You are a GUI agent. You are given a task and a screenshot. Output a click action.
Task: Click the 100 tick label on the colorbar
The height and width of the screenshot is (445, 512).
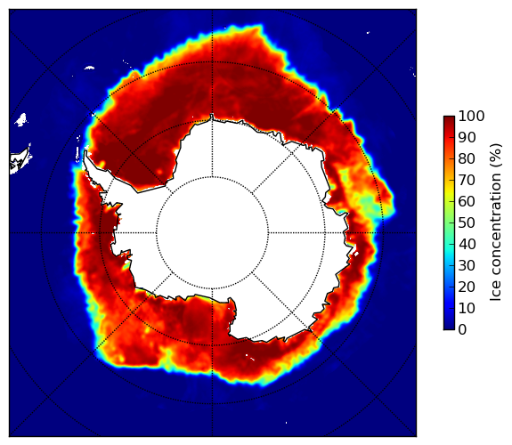[x=471, y=117]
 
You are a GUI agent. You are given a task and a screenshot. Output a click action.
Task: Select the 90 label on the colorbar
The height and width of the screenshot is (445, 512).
[x=467, y=137]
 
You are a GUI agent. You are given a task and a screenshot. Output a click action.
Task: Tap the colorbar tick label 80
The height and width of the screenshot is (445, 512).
[x=467, y=159]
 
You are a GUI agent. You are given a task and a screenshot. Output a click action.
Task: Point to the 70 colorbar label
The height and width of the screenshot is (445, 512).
[x=467, y=180]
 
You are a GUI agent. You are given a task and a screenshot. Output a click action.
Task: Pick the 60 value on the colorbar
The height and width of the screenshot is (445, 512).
[x=467, y=201]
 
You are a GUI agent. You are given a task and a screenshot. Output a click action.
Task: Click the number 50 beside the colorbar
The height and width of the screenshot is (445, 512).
[x=467, y=223]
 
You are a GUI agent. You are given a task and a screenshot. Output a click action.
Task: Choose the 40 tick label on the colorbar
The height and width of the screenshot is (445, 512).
[x=467, y=244]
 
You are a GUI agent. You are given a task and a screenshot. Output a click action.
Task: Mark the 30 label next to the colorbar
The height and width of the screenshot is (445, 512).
[x=467, y=265]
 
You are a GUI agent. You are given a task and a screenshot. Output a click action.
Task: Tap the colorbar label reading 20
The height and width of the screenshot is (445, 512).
[x=467, y=287]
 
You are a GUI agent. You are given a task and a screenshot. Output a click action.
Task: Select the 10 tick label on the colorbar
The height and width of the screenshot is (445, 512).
[x=467, y=308]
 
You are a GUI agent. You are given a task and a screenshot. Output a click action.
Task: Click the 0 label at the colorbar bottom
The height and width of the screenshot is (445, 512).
[x=462, y=330]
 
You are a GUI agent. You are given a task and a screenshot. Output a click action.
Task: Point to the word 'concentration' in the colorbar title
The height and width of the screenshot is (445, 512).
[x=496, y=225]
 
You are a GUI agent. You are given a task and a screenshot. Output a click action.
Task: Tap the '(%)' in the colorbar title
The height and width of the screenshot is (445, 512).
[x=496, y=156]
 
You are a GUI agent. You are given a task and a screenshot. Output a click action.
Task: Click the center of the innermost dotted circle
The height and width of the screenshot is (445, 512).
[x=212, y=233]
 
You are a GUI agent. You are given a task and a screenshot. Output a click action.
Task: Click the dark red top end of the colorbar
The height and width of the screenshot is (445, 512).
[x=449, y=118]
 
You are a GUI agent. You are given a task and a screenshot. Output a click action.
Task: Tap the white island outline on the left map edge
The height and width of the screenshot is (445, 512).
[x=20, y=160]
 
